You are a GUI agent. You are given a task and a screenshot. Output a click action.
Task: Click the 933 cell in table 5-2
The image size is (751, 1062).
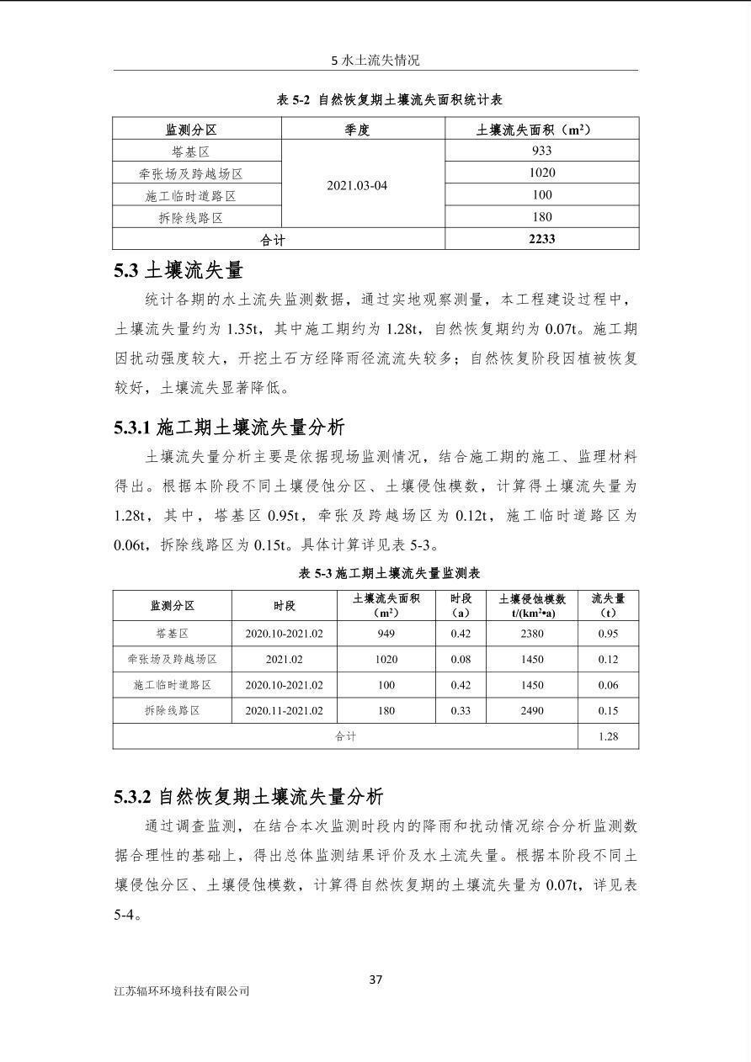click(541, 151)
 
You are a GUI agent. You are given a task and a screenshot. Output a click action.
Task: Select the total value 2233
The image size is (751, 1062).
click(541, 239)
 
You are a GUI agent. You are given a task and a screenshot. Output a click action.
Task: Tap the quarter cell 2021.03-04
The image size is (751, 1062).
click(357, 185)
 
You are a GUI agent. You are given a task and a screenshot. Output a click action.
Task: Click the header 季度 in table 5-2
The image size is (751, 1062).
click(357, 130)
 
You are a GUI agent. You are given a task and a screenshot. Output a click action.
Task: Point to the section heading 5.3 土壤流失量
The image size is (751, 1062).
click(178, 271)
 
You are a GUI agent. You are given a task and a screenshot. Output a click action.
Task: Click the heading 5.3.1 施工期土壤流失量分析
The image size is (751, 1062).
click(229, 427)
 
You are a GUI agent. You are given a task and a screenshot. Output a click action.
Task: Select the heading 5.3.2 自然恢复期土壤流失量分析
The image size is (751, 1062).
click(248, 796)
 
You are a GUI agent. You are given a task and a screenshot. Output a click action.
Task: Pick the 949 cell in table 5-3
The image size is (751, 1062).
click(386, 634)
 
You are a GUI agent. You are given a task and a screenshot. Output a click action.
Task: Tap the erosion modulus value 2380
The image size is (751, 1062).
click(532, 634)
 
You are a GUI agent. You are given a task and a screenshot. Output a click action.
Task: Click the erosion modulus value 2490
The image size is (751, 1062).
click(532, 710)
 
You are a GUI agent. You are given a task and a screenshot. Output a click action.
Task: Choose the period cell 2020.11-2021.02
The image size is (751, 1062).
click(284, 710)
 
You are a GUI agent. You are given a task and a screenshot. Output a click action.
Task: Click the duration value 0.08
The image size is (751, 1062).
click(461, 659)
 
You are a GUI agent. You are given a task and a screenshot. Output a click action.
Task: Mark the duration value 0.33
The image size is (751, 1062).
click(461, 710)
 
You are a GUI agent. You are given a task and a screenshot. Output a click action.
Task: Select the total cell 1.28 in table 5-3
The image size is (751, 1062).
click(608, 736)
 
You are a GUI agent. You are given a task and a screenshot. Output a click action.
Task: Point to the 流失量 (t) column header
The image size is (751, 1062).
click(608, 605)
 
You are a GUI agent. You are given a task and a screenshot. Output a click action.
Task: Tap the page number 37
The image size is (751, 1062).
click(376, 979)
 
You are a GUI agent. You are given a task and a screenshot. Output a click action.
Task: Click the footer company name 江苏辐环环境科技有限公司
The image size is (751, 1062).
click(182, 991)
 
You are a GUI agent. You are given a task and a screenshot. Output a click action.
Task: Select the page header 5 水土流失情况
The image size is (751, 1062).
click(375, 61)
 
